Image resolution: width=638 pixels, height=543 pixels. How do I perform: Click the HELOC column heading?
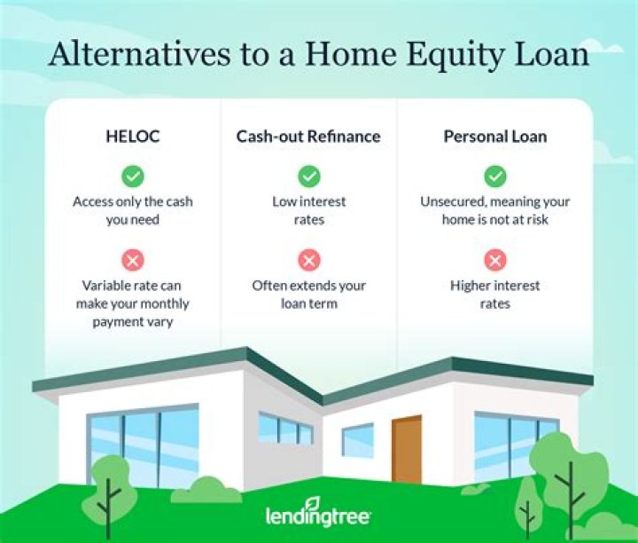132,137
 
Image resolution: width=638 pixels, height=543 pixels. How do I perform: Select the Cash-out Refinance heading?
308,137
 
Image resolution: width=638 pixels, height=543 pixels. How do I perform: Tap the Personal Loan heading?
495,137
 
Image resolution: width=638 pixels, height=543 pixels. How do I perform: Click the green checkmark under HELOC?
133,176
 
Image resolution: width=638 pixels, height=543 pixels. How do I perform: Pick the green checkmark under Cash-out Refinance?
308,176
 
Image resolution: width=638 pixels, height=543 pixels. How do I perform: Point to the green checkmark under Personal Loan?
495,176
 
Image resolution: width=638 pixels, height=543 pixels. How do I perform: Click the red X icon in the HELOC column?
133,259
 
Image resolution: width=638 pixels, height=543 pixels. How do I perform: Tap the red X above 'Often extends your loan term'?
308,259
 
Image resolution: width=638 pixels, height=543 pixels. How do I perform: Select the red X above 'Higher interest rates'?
495,259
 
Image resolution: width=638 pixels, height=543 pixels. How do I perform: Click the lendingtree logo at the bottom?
318,516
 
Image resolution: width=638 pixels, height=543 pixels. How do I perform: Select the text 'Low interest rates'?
308,210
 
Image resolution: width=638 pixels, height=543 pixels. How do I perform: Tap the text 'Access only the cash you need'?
132,210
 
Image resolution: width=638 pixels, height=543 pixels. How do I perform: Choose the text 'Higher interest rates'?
495,295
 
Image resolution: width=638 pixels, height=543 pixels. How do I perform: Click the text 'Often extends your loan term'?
308,295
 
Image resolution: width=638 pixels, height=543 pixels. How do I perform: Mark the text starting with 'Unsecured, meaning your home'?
495,210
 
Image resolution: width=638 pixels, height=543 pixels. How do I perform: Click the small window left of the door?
358,440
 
